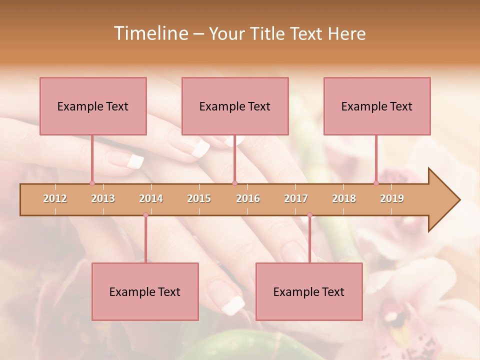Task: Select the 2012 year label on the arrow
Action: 55,198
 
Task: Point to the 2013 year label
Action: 103,198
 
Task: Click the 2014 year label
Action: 151,198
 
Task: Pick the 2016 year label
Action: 248,198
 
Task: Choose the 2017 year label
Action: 296,198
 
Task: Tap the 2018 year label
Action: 344,198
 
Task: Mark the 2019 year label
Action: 392,198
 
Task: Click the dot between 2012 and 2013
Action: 92,183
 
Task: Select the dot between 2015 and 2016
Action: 234,183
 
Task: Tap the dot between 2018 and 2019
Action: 376,183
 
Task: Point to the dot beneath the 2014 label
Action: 145,215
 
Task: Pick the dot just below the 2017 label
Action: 309,215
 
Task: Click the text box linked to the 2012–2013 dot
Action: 93,106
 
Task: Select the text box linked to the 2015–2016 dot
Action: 235,106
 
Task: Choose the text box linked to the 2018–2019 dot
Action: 377,106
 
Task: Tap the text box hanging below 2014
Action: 145,291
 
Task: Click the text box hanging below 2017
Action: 309,291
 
